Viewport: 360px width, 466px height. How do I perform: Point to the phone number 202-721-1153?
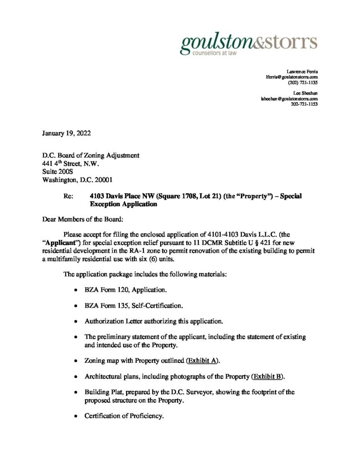[304, 104]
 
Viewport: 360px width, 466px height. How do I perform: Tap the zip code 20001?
[105, 179]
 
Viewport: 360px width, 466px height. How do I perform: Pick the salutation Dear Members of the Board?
[80, 219]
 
